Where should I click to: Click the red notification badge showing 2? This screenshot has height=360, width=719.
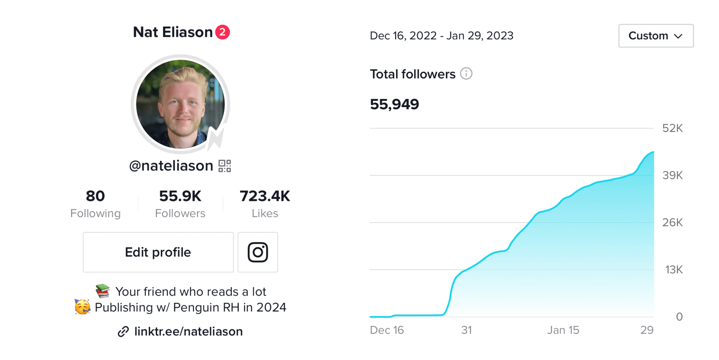click(x=222, y=32)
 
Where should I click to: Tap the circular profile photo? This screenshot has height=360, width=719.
click(x=180, y=104)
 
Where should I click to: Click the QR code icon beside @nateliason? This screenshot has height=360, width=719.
click(x=225, y=166)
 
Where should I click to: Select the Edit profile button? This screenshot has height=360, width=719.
click(x=158, y=252)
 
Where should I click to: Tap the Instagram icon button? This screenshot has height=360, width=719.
click(x=258, y=252)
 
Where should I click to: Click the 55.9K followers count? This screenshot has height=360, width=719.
click(x=180, y=196)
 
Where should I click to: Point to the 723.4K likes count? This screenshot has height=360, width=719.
click(x=265, y=196)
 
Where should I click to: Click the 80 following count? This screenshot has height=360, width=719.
click(x=95, y=196)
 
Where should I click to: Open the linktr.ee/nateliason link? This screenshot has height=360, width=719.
click(x=189, y=331)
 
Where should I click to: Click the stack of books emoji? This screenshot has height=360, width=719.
click(x=103, y=291)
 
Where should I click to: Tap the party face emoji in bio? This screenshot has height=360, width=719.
click(x=82, y=307)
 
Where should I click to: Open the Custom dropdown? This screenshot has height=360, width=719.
click(x=656, y=36)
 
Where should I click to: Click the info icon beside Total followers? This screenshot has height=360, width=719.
click(x=466, y=74)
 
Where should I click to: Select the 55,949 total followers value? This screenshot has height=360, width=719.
click(x=394, y=104)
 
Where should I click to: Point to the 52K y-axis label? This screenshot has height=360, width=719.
click(x=672, y=128)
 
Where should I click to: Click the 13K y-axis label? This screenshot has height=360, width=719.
click(x=674, y=270)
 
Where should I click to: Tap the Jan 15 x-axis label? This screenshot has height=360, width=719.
click(x=563, y=330)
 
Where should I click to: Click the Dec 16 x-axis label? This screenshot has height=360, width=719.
click(x=387, y=330)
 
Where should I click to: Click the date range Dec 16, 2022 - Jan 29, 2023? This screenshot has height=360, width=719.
click(x=441, y=36)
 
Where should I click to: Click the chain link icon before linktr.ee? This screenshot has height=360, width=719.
click(x=123, y=331)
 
